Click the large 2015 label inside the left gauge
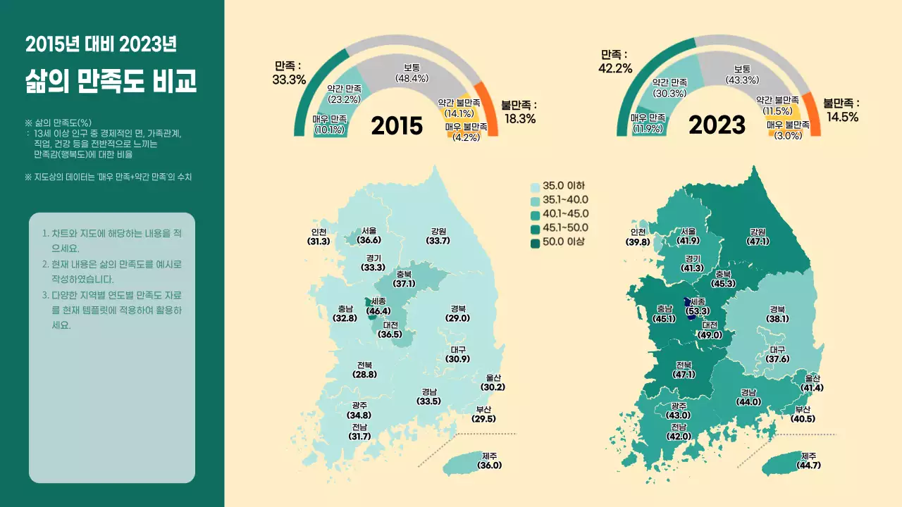coord(397,125)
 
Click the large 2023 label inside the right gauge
coord(717,125)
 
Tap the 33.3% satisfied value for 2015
coord(289,73)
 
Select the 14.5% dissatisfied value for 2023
coord(843,111)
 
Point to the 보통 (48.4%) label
coord(412,73)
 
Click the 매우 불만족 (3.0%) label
coord(789,130)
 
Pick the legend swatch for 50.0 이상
coord(536,242)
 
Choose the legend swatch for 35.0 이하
coord(536,187)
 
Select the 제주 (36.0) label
coord(490,461)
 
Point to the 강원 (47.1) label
coord(758,237)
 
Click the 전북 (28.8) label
coord(365,370)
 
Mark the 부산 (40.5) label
coord(803,414)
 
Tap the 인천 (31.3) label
coord(319,237)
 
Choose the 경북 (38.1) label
coord(777,314)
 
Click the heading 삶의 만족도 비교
coord(111,81)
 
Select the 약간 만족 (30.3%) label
coord(669,88)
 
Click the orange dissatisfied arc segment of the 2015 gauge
coord(488,109)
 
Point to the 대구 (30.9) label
coord(458,354)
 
